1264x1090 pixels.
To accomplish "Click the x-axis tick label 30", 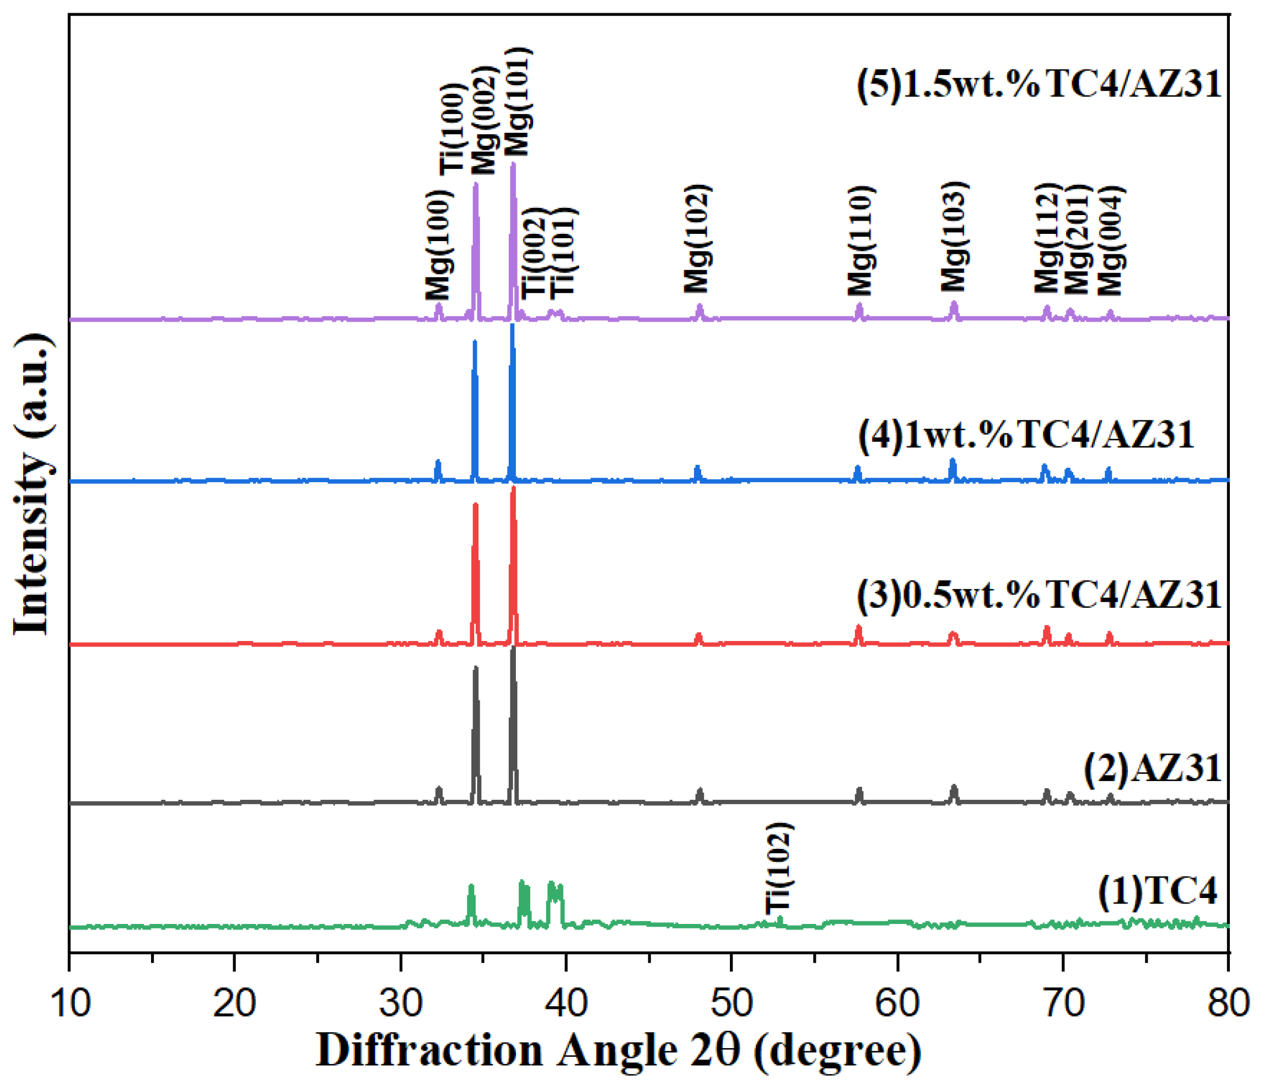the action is click(x=400, y=1003).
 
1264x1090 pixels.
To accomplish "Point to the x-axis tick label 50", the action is click(x=731, y=1003).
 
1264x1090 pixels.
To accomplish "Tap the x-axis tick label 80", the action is click(x=1228, y=1003).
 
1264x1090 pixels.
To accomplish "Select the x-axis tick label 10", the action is click(x=71, y=1003).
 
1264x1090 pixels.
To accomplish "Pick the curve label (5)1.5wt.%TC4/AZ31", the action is click(x=1039, y=84).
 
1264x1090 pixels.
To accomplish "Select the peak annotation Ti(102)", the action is click(x=779, y=868).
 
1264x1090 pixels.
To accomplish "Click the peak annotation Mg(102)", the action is click(x=697, y=239).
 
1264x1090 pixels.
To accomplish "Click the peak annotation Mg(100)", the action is click(x=439, y=245).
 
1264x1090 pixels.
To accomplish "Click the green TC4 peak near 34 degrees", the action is click(x=470, y=886).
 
